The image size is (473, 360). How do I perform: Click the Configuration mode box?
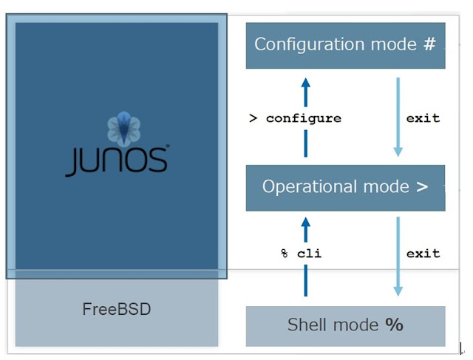(x=345, y=45)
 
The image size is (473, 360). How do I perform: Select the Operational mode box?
(x=345, y=187)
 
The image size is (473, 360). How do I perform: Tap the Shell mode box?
(x=345, y=325)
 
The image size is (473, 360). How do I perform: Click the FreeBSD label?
(x=116, y=309)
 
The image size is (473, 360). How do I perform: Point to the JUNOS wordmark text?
(x=117, y=160)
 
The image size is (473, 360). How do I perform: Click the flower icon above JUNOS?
(x=123, y=128)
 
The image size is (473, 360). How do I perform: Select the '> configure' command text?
(x=295, y=118)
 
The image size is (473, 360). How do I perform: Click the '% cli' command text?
(x=301, y=254)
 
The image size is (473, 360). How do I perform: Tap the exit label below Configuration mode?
(x=423, y=118)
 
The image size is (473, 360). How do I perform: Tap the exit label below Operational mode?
(x=423, y=254)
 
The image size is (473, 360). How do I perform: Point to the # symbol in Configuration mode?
(x=429, y=44)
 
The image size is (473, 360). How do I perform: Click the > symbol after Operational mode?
(x=422, y=187)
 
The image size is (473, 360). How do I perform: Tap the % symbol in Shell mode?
(x=394, y=325)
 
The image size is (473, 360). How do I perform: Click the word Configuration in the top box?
(x=299, y=44)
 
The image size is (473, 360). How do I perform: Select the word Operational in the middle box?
(x=302, y=187)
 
